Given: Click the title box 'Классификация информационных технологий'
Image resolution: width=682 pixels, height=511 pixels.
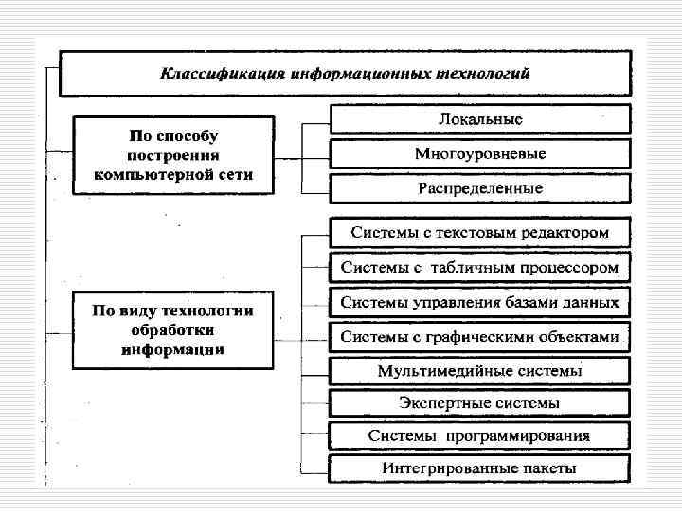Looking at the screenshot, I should (x=345, y=73).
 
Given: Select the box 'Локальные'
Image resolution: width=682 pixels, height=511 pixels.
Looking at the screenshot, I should (x=479, y=119).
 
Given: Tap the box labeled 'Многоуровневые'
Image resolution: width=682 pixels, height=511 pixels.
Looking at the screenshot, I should (x=479, y=153).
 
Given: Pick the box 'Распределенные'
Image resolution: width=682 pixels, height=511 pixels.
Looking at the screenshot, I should (x=479, y=188).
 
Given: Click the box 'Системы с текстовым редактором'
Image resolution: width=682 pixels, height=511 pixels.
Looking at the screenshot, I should (x=479, y=232).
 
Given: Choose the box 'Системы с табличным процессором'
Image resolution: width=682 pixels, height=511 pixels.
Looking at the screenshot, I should (x=479, y=268).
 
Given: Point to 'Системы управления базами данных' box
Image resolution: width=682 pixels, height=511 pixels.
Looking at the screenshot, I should (x=479, y=303).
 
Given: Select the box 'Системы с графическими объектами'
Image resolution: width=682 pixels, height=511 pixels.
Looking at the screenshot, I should (x=479, y=337).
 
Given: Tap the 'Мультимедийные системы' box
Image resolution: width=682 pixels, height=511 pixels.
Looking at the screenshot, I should (x=479, y=370).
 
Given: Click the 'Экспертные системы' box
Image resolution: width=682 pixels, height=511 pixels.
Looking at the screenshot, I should (x=479, y=403).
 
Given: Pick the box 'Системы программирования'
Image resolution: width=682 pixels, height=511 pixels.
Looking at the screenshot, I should (x=479, y=436).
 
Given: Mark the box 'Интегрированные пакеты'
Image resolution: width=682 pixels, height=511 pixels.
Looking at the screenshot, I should (x=479, y=468).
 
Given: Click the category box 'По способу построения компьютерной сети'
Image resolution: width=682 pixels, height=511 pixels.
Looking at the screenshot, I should (x=173, y=154).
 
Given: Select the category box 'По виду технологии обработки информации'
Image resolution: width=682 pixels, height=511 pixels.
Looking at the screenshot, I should (x=173, y=329).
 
